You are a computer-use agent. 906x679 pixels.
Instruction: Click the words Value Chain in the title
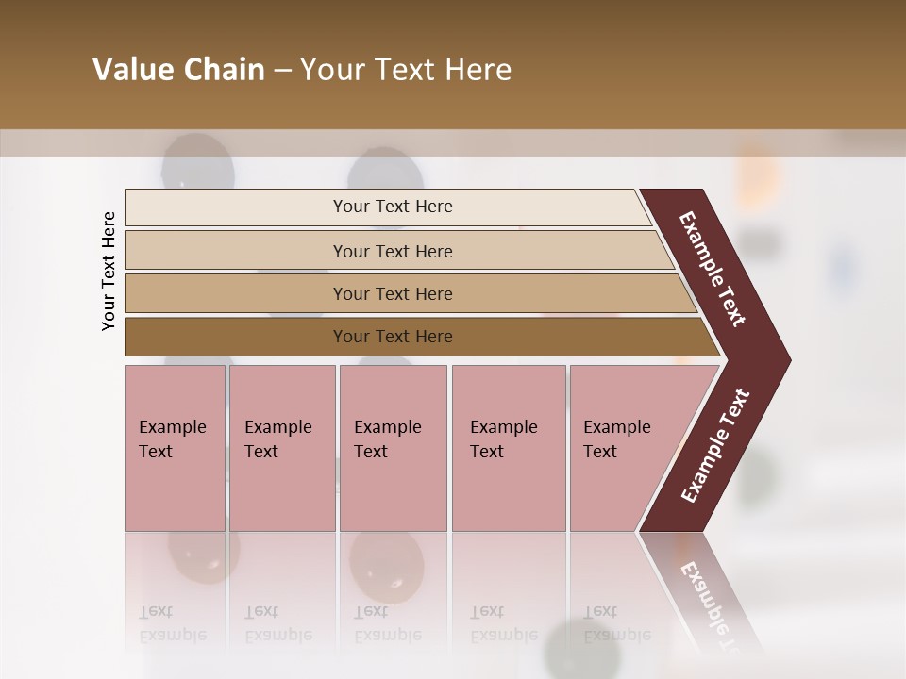pyautogui.click(x=178, y=70)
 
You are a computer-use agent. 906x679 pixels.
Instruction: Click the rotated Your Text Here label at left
pyautogui.click(x=109, y=271)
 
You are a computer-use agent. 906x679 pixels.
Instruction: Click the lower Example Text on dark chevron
pyautogui.click(x=715, y=445)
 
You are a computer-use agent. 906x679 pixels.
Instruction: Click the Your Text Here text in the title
pyautogui.click(x=406, y=70)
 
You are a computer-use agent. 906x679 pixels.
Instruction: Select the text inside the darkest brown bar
pyautogui.click(x=393, y=337)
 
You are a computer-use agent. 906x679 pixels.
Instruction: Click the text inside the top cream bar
pyautogui.click(x=393, y=207)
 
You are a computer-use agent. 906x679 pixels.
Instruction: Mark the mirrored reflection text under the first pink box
pyautogui.click(x=172, y=623)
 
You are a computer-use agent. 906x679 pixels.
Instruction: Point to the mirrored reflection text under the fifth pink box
pyautogui.click(x=616, y=623)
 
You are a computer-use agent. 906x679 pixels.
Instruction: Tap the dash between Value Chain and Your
pyautogui.click(x=282, y=71)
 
